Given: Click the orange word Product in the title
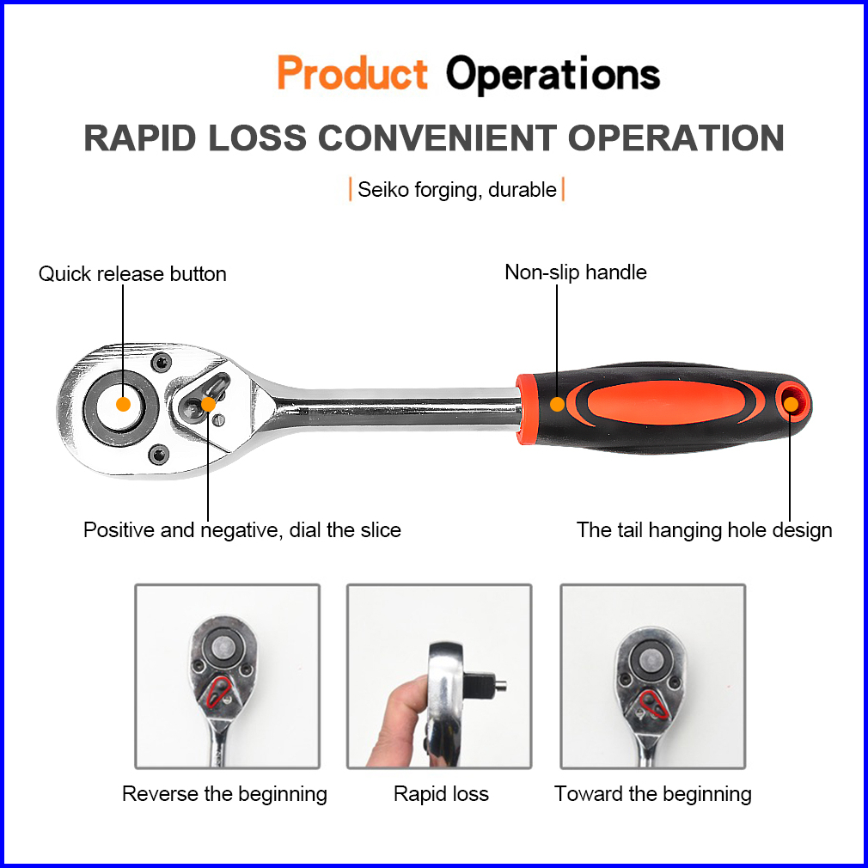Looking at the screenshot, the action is pyautogui.click(x=352, y=74).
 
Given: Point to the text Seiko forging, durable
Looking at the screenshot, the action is pyautogui.click(x=456, y=189).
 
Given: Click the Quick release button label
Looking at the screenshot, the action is pyautogui.click(x=132, y=274).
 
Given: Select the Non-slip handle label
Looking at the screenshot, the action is pyautogui.click(x=575, y=272).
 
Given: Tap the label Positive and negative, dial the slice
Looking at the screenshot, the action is pyautogui.click(x=241, y=529).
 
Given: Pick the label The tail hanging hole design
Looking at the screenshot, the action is pyautogui.click(x=704, y=529).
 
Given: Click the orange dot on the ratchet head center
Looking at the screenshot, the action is pyautogui.click(x=123, y=403).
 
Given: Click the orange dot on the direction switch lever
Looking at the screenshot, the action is pyautogui.click(x=208, y=404).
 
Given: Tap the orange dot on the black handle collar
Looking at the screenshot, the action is pyautogui.click(x=557, y=403).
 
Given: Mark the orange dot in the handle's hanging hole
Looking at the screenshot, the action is pyautogui.click(x=790, y=402).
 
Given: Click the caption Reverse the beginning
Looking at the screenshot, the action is pyautogui.click(x=224, y=793).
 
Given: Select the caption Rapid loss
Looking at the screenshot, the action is pyautogui.click(x=441, y=793).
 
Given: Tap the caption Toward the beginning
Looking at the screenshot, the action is pyautogui.click(x=652, y=793).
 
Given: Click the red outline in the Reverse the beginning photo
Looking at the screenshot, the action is pyautogui.click(x=218, y=692).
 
